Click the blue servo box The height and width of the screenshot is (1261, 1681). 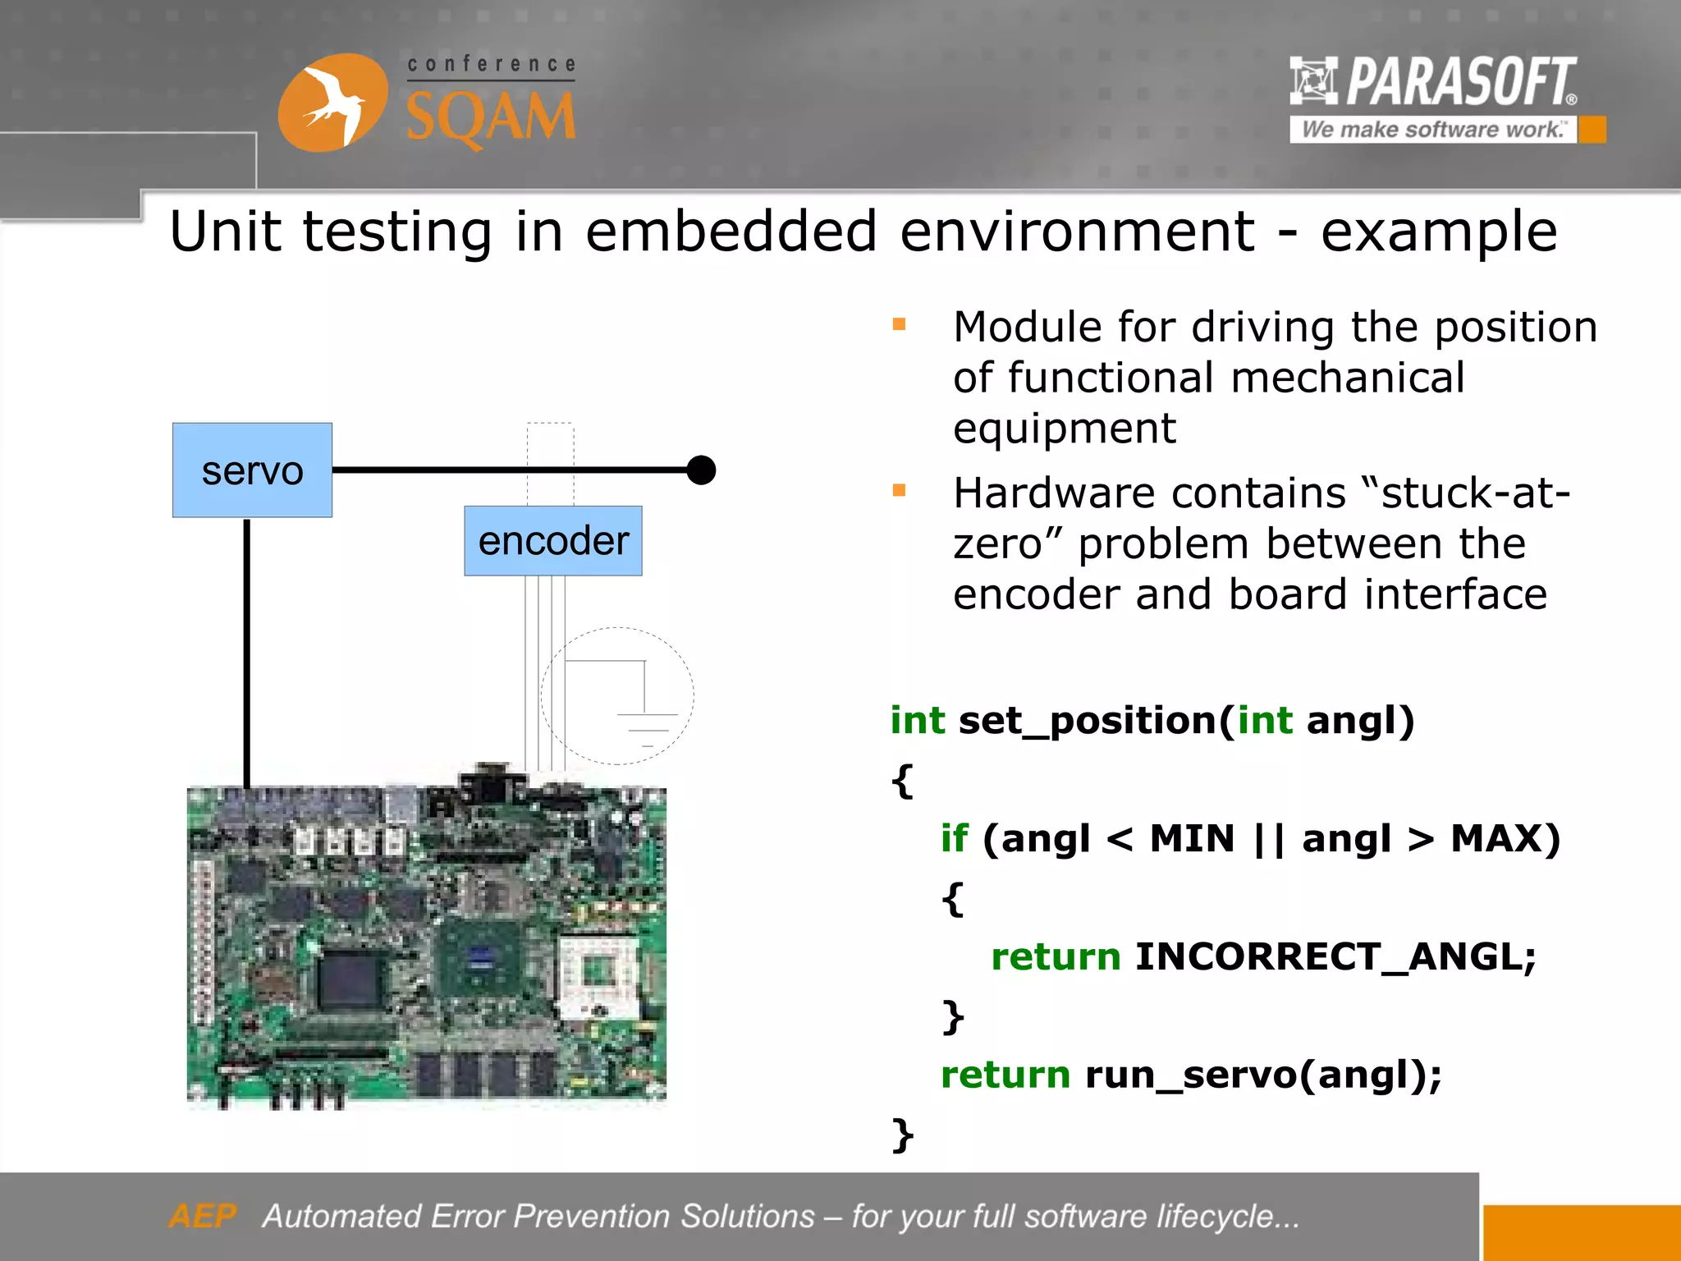tap(252, 470)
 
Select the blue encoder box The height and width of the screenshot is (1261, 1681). tap(552, 541)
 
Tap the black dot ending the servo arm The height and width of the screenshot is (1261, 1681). tap(701, 470)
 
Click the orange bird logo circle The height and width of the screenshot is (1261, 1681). tap(332, 103)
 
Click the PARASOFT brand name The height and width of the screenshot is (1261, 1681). tap(1461, 81)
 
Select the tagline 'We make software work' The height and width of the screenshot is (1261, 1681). tap(1432, 130)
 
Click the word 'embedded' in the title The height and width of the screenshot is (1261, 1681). tap(731, 232)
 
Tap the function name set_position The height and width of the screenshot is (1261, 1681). tap(1088, 721)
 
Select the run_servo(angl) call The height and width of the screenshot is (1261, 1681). tap(1262, 1075)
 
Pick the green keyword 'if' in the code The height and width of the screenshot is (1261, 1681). tap(954, 839)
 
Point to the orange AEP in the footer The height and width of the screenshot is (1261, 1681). tap(202, 1216)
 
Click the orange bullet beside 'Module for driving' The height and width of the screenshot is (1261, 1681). tap(899, 324)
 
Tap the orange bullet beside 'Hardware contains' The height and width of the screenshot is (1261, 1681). tap(899, 490)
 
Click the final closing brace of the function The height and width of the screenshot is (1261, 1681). tap(902, 1135)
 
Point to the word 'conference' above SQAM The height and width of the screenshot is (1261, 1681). tap(492, 64)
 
